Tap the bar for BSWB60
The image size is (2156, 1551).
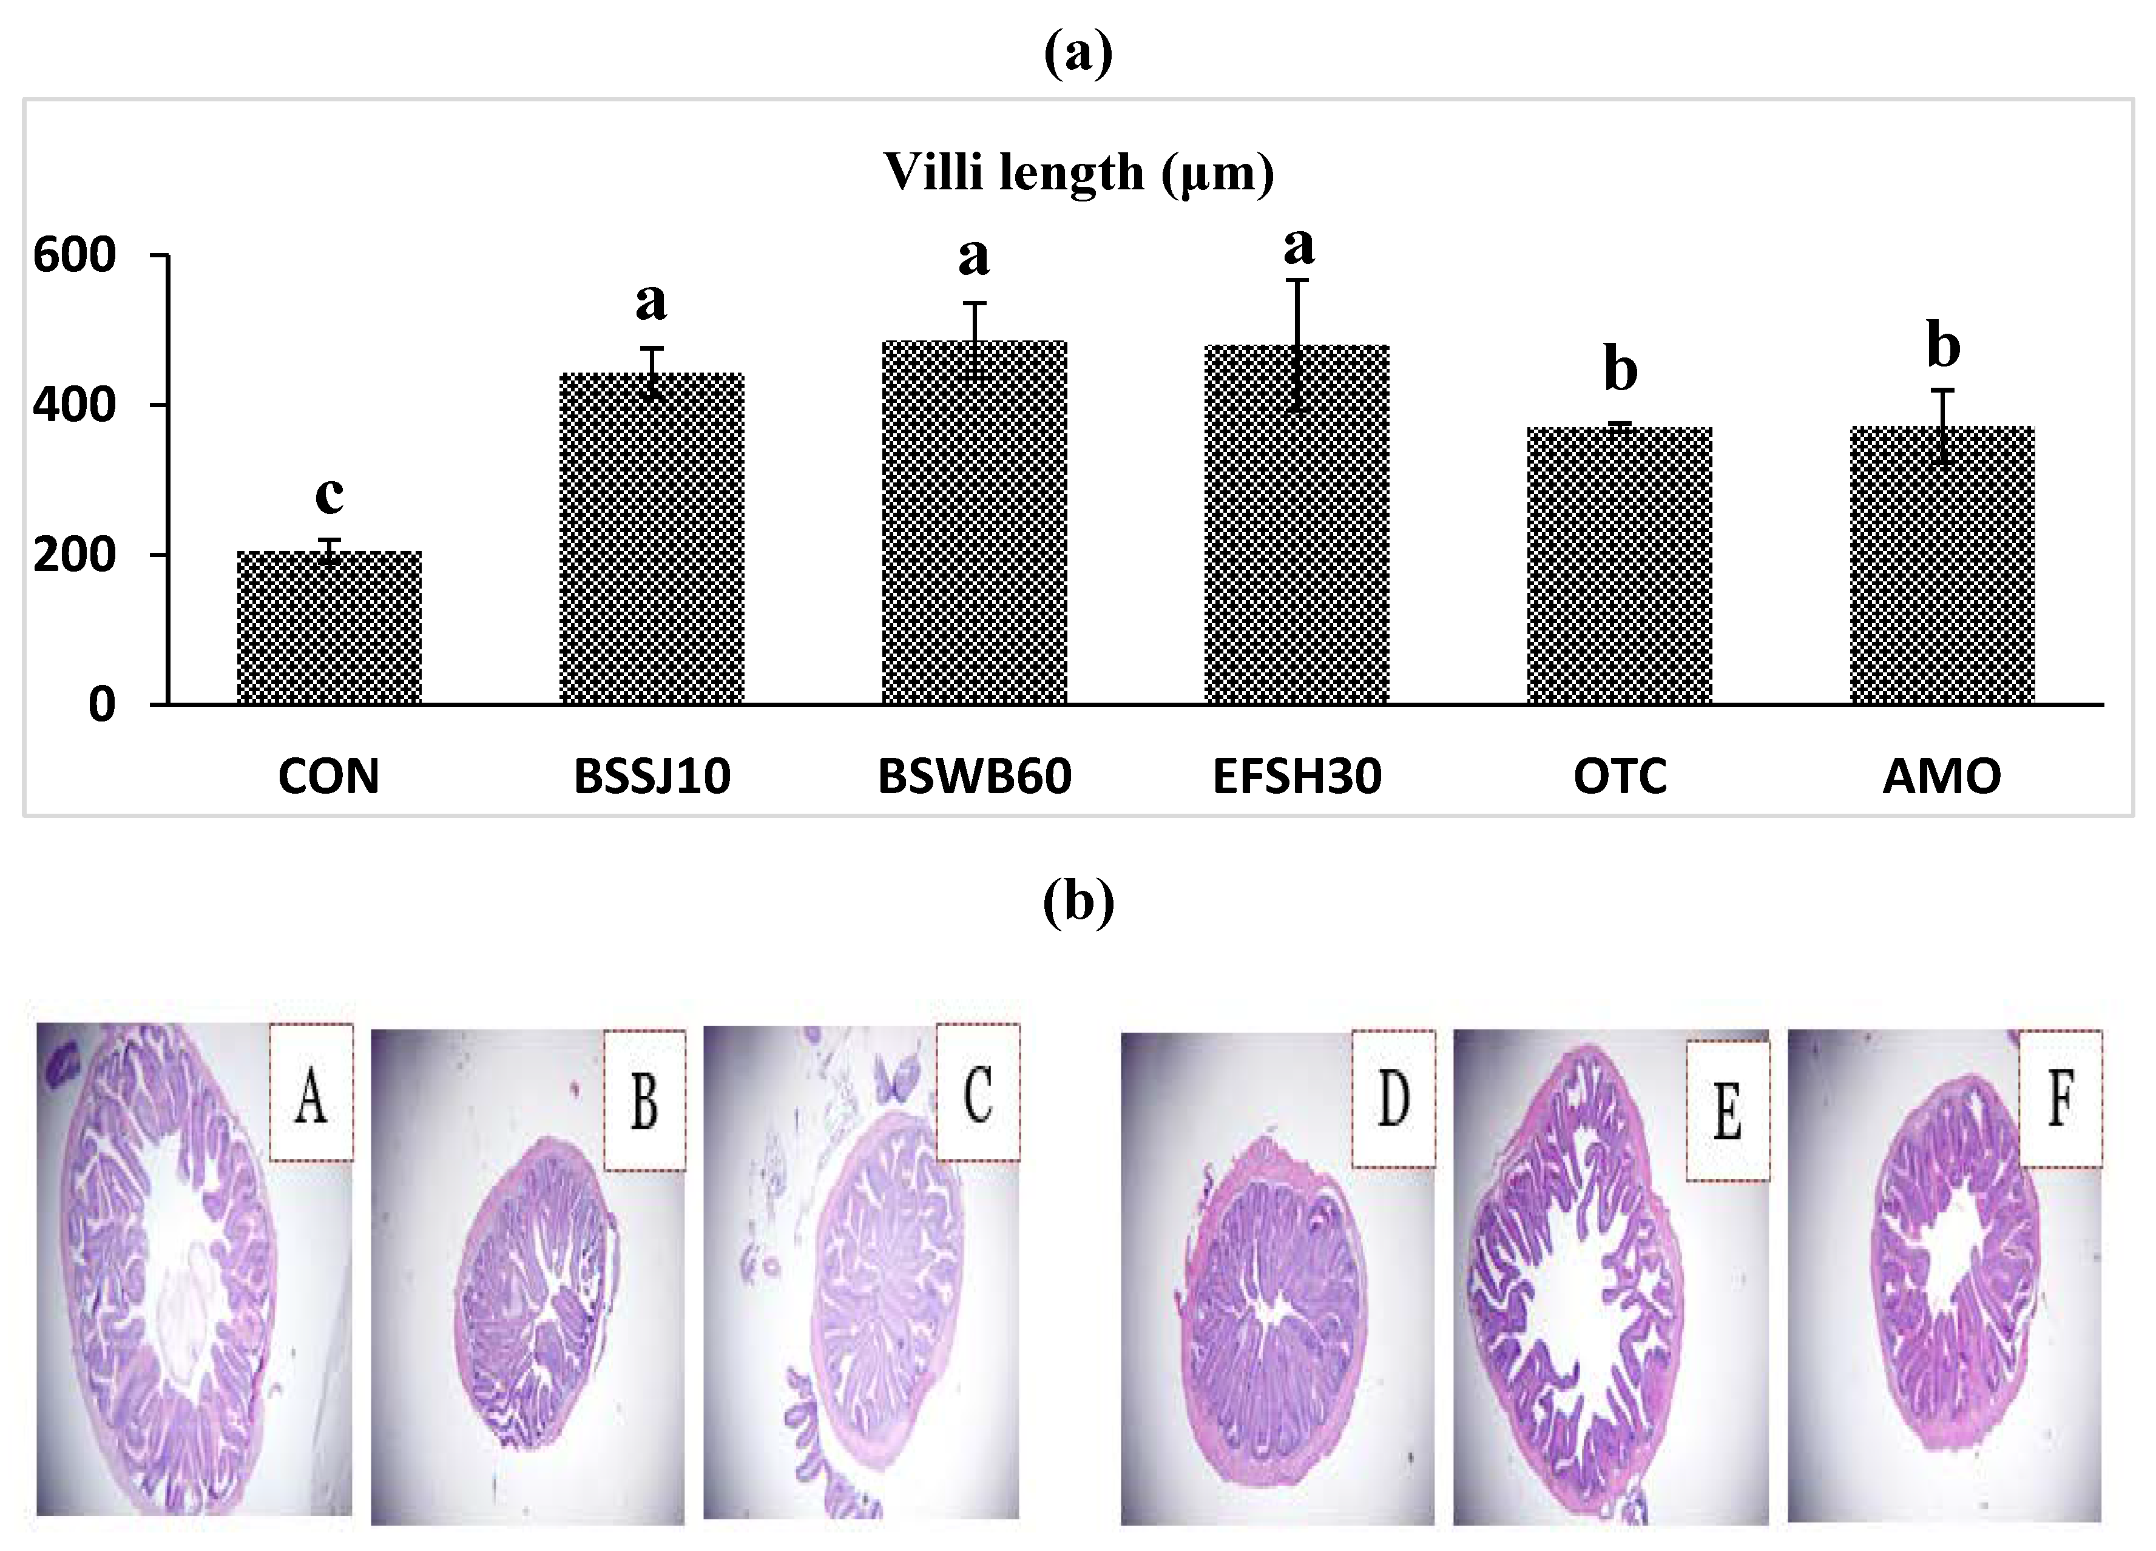tap(975, 522)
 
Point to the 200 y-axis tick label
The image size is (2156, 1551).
tap(74, 555)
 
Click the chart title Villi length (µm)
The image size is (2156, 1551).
tap(1078, 173)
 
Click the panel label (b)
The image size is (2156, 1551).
tap(1078, 901)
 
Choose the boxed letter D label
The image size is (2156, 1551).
tap(1394, 1098)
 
